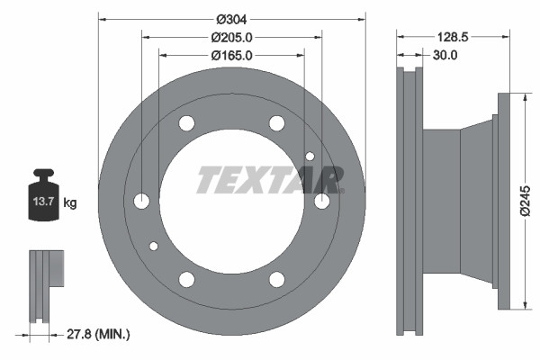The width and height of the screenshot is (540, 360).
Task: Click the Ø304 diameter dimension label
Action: click(231, 20)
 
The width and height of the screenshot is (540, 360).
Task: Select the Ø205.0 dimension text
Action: click(231, 37)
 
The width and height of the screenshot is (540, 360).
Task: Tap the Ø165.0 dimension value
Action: click(231, 55)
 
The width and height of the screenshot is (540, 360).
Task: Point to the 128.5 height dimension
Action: click(450, 38)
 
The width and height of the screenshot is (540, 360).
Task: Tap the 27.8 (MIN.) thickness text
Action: click(100, 334)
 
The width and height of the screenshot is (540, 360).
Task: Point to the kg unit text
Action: click(70, 203)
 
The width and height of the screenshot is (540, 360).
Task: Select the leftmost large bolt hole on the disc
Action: click(142, 201)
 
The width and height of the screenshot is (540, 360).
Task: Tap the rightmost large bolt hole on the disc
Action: click(321, 201)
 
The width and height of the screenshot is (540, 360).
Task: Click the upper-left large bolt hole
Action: click(186, 123)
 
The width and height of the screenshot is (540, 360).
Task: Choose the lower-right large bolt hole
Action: click(276, 279)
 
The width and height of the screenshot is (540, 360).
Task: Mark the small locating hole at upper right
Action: click(310, 157)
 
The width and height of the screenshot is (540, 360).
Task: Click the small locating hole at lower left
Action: click(154, 246)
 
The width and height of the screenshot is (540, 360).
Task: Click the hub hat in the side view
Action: click(459, 201)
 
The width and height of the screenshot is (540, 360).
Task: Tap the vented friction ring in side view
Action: click(409, 201)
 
